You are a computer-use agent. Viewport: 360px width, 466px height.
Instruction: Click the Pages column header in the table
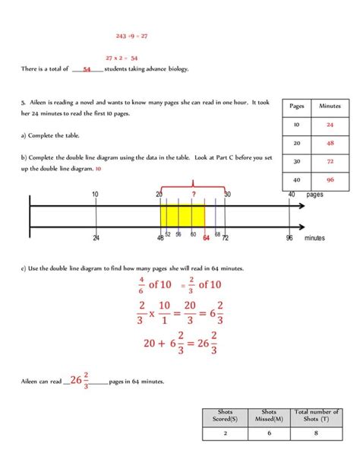(296, 106)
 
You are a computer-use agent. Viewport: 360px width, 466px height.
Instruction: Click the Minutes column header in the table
(330, 106)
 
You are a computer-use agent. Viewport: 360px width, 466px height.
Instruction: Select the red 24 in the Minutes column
(330, 125)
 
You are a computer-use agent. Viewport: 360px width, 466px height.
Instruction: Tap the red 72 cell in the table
(330, 162)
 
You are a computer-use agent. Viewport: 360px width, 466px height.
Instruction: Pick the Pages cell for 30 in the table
(296, 162)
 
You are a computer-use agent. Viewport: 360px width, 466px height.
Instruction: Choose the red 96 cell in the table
(330, 180)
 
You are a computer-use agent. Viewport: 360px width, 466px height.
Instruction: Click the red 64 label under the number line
(206, 237)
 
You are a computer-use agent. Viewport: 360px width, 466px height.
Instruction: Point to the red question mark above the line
(194, 194)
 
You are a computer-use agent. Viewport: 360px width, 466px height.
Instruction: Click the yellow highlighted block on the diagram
(182, 216)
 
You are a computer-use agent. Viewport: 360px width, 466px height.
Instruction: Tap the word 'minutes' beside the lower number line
(315, 238)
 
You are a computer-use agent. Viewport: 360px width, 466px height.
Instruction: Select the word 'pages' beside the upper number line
(315, 195)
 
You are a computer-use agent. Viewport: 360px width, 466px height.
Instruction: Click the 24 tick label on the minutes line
(96, 238)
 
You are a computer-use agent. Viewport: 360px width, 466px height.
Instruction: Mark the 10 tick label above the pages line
(95, 195)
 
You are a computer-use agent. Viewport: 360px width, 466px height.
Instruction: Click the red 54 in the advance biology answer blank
(87, 69)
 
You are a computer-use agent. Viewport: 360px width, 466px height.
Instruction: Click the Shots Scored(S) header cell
(226, 416)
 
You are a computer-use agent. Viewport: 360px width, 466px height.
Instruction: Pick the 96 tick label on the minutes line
(289, 238)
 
